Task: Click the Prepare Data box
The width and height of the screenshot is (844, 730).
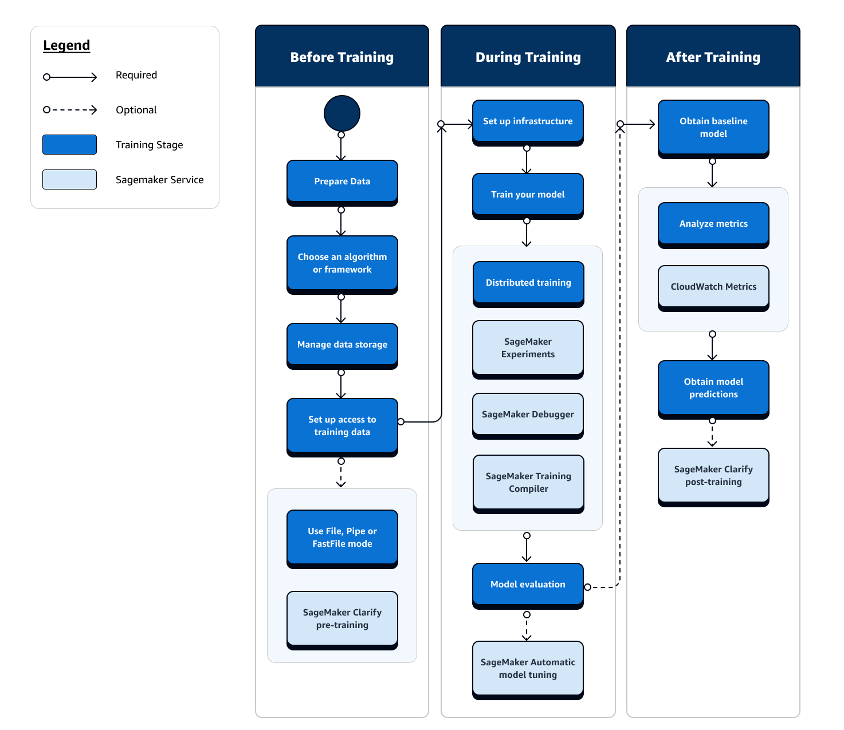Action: pos(342,181)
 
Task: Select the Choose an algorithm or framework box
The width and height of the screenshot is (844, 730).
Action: pos(342,263)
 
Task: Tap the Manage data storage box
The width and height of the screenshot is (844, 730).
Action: pos(342,345)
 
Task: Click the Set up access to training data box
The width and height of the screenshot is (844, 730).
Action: pos(342,426)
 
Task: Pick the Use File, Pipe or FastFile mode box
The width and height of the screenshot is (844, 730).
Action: pos(342,538)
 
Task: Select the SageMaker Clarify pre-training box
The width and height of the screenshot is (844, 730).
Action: pos(342,619)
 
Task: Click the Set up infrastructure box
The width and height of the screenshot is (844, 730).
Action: pos(528,121)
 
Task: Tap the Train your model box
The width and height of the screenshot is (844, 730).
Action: pos(528,195)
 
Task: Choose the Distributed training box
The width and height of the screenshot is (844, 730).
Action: pos(528,283)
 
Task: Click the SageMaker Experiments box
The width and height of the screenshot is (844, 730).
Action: pos(528,348)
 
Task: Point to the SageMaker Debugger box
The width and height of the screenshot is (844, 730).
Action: pos(528,415)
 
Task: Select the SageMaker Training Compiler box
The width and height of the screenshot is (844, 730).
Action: pos(528,483)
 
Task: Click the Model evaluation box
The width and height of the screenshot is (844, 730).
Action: pos(528,585)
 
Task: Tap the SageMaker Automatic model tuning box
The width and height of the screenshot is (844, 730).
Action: pos(528,669)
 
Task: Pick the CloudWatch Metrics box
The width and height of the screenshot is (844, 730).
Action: pos(713,287)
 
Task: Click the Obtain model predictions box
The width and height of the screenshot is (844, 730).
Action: pos(713,388)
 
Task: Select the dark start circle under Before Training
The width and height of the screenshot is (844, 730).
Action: pos(342,113)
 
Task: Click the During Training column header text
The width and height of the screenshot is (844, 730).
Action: pos(528,57)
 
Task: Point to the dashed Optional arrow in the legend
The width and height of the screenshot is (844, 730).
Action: pos(70,110)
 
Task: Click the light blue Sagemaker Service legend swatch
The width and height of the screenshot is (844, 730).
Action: pos(69,179)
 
